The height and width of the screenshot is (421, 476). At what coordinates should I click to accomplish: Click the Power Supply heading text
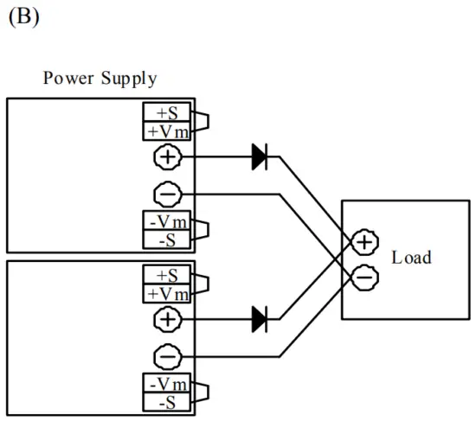tap(100, 80)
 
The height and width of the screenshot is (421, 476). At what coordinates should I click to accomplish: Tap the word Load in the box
tap(411, 258)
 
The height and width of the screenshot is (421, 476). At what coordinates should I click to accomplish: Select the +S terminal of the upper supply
tap(168, 113)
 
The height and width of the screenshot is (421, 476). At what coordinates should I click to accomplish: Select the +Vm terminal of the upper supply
tap(168, 131)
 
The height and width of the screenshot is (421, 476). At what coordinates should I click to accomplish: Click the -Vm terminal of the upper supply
tap(168, 221)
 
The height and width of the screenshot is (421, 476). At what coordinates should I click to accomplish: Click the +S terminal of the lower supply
tap(168, 276)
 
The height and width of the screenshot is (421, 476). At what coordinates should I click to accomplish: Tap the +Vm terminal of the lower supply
tap(168, 294)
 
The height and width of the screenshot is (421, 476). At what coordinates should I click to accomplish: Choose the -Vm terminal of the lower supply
tap(168, 384)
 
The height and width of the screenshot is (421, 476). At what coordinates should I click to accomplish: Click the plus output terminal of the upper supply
tap(167, 156)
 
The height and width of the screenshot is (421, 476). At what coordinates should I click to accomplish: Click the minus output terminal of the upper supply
tap(167, 194)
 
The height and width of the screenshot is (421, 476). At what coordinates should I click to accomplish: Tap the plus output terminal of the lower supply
tap(167, 319)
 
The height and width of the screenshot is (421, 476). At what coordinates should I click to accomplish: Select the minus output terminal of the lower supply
tap(167, 356)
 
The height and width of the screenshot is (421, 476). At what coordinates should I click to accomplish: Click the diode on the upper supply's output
tap(259, 156)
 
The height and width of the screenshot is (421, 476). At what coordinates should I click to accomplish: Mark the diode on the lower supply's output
tap(259, 319)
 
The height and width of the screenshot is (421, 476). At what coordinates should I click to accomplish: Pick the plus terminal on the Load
tap(365, 243)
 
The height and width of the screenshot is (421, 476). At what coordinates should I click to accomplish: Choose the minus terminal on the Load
tap(365, 276)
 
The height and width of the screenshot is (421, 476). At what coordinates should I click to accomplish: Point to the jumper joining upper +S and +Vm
tap(201, 123)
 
